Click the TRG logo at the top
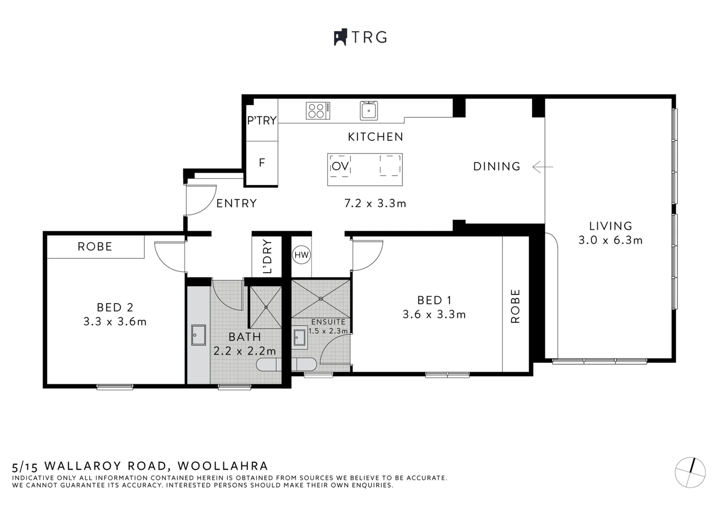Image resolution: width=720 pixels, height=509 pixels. pyautogui.click(x=360, y=37)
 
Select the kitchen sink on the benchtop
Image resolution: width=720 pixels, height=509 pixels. pyautogui.click(x=368, y=111)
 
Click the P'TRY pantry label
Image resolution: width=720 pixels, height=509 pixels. pyautogui.click(x=262, y=121)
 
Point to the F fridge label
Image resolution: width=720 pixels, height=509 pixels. pyautogui.click(x=262, y=163)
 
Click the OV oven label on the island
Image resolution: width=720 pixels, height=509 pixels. pyautogui.click(x=340, y=166)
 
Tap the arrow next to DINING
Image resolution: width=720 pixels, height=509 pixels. pyautogui.click(x=542, y=166)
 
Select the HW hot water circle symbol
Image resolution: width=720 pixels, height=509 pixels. pyautogui.click(x=301, y=255)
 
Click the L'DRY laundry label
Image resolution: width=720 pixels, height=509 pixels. pyautogui.click(x=267, y=257)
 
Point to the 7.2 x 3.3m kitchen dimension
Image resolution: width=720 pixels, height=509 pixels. pyautogui.click(x=375, y=204)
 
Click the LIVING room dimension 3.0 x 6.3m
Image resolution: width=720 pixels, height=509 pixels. pyautogui.click(x=610, y=240)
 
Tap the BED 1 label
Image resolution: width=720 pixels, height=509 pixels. pyautogui.click(x=434, y=300)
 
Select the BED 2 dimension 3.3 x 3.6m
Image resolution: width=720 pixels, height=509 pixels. pyautogui.click(x=115, y=322)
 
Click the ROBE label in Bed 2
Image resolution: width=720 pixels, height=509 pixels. pyautogui.click(x=95, y=247)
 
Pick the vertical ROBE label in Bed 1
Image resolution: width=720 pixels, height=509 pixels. pyautogui.click(x=515, y=306)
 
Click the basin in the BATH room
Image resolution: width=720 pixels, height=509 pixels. pyautogui.click(x=198, y=335)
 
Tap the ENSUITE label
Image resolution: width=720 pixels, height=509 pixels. pyautogui.click(x=328, y=322)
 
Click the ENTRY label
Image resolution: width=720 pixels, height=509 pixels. pyautogui.click(x=236, y=203)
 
